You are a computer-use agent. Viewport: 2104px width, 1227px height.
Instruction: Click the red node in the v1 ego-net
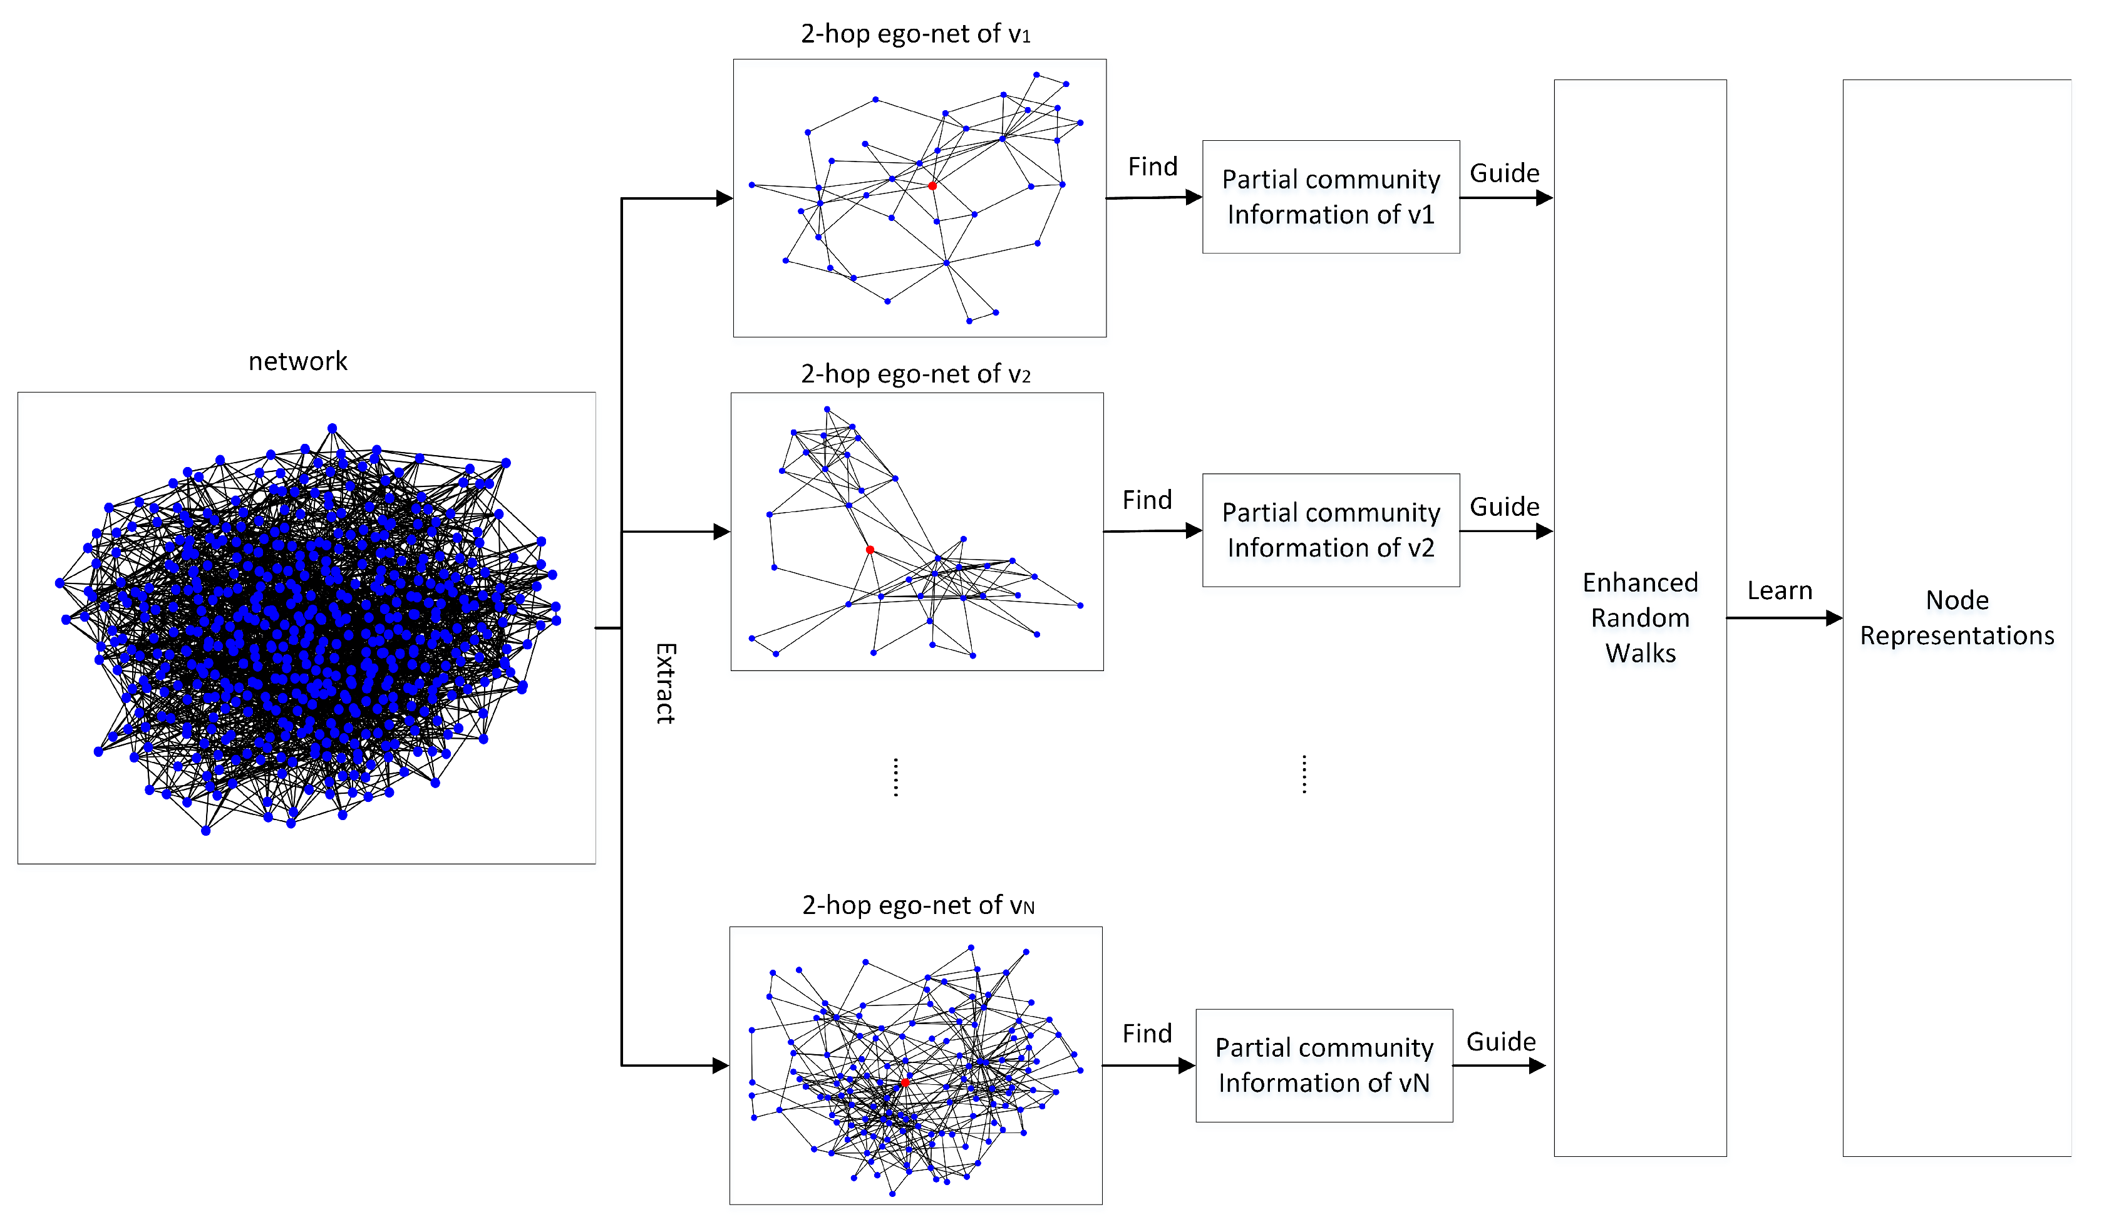[932, 186]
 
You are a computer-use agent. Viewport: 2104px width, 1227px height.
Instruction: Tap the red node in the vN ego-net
[905, 1082]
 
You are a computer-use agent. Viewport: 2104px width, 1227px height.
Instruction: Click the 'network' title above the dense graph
[298, 361]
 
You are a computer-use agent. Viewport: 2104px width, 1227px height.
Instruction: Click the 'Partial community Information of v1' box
[1331, 197]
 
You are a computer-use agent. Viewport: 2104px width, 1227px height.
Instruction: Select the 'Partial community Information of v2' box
[1331, 530]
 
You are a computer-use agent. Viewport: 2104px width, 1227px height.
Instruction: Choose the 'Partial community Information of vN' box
[1324, 1065]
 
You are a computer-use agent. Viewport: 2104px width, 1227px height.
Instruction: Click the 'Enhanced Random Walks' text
[1640, 618]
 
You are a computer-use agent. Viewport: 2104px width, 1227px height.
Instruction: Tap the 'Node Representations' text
[1956, 618]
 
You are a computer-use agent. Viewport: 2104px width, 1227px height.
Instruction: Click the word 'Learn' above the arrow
[1779, 591]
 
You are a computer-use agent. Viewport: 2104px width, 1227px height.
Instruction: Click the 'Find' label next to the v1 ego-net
[1152, 167]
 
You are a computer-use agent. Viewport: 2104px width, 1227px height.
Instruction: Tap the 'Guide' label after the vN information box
[1501, 1042]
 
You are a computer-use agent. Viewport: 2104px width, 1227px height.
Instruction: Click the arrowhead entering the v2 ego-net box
[722, 531]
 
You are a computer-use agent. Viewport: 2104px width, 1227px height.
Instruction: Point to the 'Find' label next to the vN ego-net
[1147, 1034]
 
